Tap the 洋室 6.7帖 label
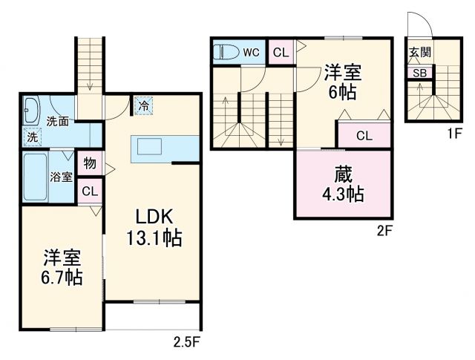point(61,268)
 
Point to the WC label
point(252,52)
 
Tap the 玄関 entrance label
point(419,53)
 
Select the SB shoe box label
point(419,73)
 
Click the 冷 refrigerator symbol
point(143,106)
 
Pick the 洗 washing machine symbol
point(32,137)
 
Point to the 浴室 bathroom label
point(61,177)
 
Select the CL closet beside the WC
point(279,52)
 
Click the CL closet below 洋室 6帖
point(364,135)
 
